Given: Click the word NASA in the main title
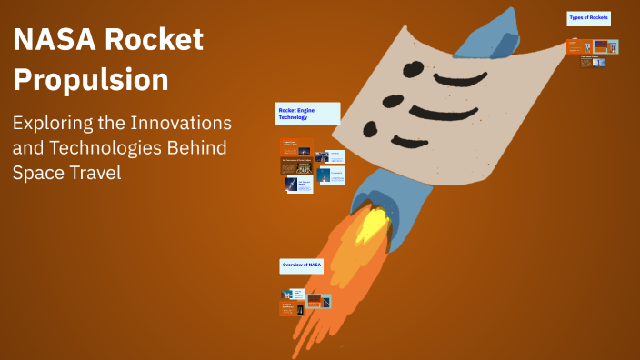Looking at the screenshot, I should [52, 40].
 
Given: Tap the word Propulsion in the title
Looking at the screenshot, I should [91, 80].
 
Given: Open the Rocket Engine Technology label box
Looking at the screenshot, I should [306, 114].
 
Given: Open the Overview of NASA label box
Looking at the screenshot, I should [301, 265].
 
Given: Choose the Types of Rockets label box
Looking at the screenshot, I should [588, 18].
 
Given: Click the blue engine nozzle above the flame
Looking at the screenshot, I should [367, 195].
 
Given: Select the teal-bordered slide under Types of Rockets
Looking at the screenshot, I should [606, 46].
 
